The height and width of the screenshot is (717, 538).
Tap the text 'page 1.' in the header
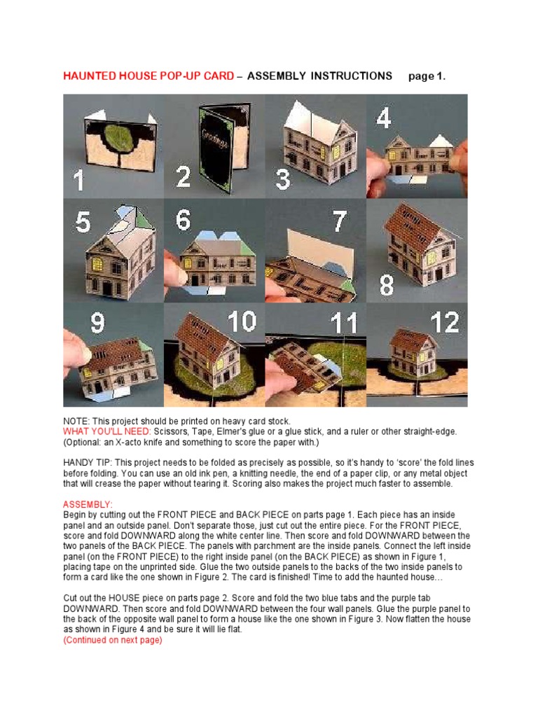point(427,76)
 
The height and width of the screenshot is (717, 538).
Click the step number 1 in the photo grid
point(78,181)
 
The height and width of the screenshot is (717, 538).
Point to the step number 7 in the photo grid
point(340,222)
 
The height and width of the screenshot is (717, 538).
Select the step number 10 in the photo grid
point(242,322)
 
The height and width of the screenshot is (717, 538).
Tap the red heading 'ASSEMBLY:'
point(88,505)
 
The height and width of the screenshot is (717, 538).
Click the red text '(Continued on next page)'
point(112,640)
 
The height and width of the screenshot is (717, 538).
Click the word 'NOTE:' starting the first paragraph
point(76,422)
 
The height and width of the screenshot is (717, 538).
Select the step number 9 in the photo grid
point(97,323)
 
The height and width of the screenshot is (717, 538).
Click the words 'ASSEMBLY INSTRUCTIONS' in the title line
point(319,76)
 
